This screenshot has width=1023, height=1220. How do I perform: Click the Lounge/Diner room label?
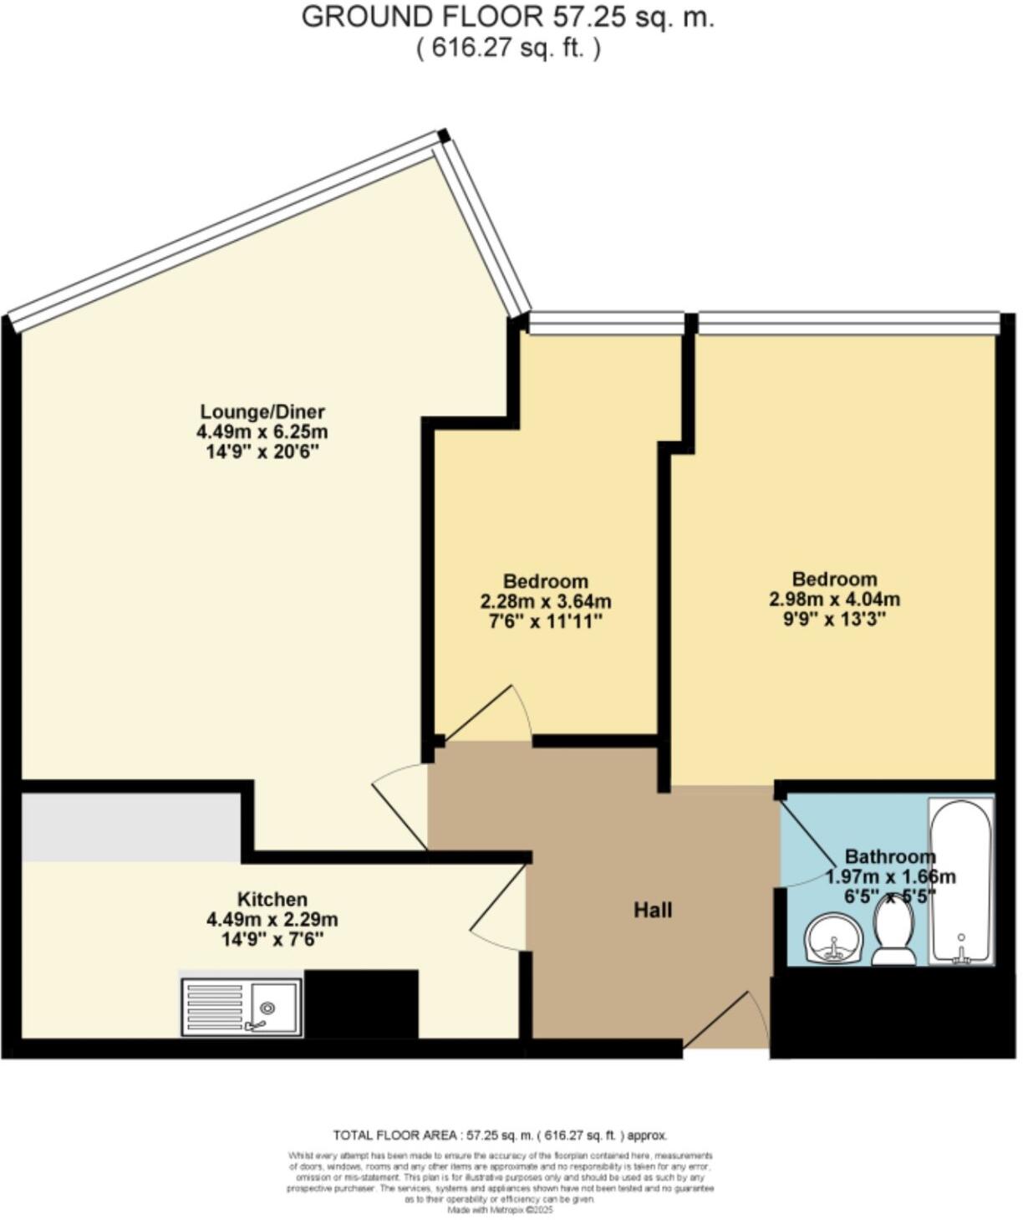pos(262,411)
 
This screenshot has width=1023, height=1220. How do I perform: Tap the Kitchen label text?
pos(272,900)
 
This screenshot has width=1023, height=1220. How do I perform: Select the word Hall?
pos(653,910)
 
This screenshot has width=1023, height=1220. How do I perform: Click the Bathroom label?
pos(889,856)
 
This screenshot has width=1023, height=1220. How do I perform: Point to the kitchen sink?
pos(242,1008)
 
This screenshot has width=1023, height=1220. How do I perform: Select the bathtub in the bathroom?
pos(961,881)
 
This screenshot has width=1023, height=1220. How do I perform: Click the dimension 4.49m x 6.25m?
pos(262,432)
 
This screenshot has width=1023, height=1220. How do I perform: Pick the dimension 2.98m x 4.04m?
pos(834,600)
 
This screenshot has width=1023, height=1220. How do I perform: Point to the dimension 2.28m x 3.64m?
pos(545,601)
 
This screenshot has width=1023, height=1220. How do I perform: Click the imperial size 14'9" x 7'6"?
pos(272,940)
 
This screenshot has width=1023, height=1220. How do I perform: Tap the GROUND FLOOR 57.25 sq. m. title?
pos(507,17)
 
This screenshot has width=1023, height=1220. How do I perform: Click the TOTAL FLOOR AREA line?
pos(500,1135)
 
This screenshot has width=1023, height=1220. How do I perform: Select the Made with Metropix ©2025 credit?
pos(500,1209)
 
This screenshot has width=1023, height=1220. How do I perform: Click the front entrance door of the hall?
pos(725,1022)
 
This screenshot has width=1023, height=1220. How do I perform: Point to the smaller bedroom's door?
pos(487,715)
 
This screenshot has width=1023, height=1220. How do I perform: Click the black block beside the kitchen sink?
pos(361,1003)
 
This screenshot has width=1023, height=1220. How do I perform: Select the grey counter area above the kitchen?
pos(131,827)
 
